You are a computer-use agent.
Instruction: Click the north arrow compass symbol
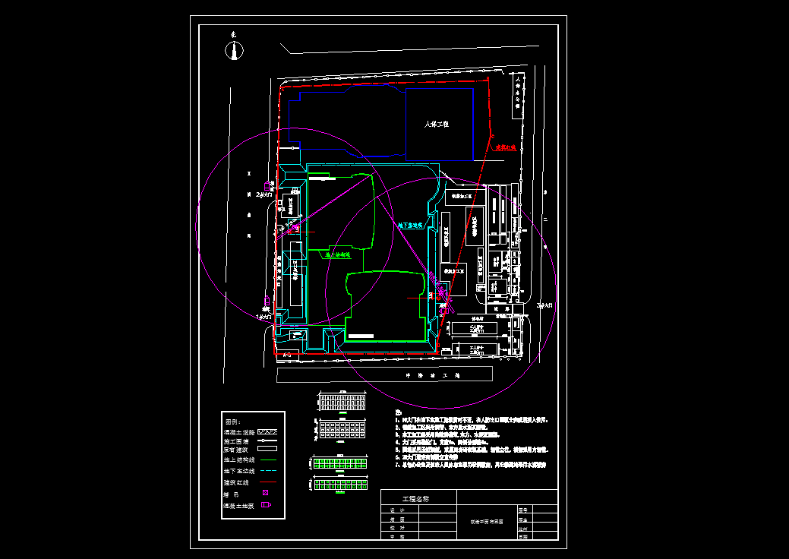click(x=235, y=50)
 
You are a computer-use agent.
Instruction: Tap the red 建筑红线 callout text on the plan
click(x=506, y=149)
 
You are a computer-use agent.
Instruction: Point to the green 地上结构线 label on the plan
click(x=338, y=256)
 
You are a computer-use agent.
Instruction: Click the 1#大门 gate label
click(x=264, y=316)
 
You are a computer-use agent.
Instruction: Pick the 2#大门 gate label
click(x=264, y=195)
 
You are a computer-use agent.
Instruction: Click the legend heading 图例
click(x=232, y=422)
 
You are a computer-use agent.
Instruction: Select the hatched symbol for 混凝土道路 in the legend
click(x=266, y=431)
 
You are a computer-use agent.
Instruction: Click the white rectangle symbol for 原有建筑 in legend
click(x=266, y=450)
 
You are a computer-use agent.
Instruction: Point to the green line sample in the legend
click(x=266, y=460)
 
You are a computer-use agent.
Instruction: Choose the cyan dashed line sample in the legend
click(x=266, y=472)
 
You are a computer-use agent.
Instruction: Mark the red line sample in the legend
click(x=266, y=482)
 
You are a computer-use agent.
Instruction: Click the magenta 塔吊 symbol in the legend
click(x=265, y=494)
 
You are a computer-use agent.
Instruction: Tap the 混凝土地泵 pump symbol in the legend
click(x=265, y=505)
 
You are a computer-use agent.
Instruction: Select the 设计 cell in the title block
click(x=393, y=510)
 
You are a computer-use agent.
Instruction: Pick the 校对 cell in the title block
click(x=393, y=528)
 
